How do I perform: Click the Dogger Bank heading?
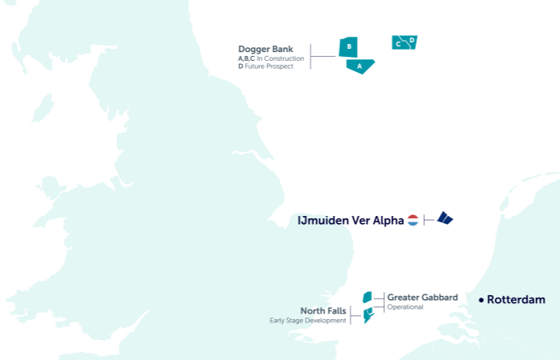pyautogui.click(x=266, y=49)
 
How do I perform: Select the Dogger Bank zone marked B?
pyautogui.click(x=349, y=47)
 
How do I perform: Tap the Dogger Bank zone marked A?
pyautogui.click(x=360, y=66)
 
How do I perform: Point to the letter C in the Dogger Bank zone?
pyautogui.click(x=398, y=44)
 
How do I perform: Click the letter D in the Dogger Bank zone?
pyautogui.click(x=411, y=40)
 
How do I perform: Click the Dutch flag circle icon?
pyautogui.click(x=413, y=220)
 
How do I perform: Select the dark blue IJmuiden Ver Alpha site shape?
pyautogui.click(x=445, y=218)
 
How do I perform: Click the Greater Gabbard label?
pyautogui.click(x=422, y=298)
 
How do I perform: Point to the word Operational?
pyautogui.click(x=405, y=307)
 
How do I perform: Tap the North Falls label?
pyautogui.click(x=323, y=310)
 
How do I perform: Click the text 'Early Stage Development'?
pyautogui.click(x=308, y=321)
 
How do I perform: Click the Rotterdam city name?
pyautogui.click(x=516, y=300)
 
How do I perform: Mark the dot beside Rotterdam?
pyautogui.click(x=481, y=300)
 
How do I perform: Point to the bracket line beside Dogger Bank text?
pyautogui.click(x=311, y=57)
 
